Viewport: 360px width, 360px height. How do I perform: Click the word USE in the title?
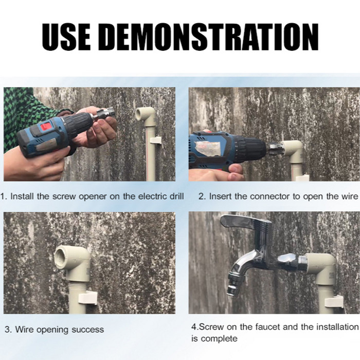66,37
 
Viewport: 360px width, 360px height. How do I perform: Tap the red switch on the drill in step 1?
45,127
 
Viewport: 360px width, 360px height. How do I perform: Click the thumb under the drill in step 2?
236,169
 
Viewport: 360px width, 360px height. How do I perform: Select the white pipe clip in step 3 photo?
87,298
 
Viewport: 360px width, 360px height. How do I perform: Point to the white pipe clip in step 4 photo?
334,301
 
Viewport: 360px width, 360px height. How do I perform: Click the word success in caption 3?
88,330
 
